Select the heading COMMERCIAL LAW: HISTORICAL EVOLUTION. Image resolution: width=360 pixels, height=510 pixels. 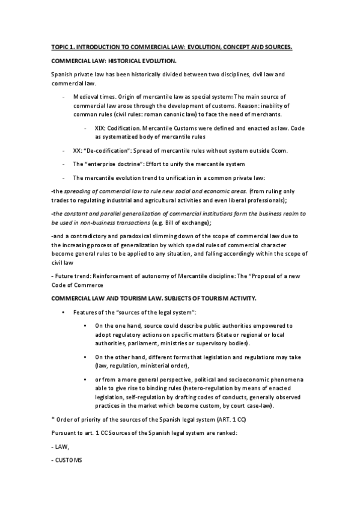click(x=114, y=62)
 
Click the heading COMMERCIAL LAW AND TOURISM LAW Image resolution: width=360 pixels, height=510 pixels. click(x=115, y=298)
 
